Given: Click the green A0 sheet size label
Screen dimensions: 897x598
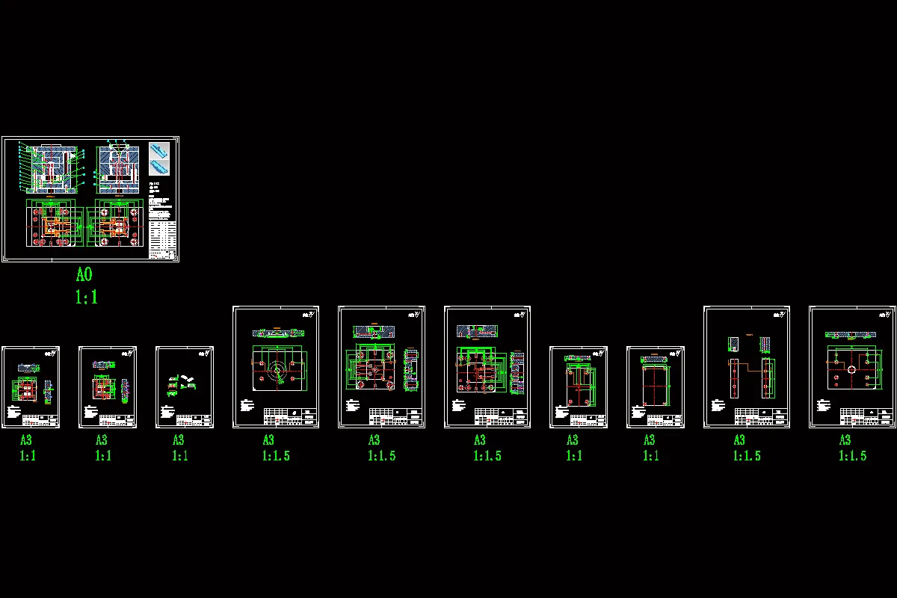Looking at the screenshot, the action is pyautogui.click(x=84, y=275).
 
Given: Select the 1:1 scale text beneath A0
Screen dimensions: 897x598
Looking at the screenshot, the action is pyautogui.click(x=86, y=298).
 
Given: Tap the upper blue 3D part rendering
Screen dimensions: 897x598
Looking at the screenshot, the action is pyautogui.click(x=159, y=149).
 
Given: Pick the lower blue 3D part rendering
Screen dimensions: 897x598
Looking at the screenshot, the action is pyautogui.click(x=159, y=167).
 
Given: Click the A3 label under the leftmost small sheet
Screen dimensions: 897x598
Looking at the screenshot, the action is pyautogui.click(x=26, y=440).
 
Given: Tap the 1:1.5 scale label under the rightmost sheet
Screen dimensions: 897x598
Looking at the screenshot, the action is pyautogui.click(x=852, y=455).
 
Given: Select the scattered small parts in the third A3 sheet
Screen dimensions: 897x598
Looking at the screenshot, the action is pyautogui.click(x=182, y=382).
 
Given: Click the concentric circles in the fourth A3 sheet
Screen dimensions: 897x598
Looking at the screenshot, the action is pyautogui.click(x=277, y=370).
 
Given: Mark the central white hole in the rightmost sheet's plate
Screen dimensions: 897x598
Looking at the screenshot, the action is pyautogui.click(x=851, y=370).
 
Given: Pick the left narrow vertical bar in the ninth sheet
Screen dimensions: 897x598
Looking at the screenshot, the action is pyautogui.click(x=735, y=379).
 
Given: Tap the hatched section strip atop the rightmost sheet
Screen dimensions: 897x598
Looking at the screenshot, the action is pyautogui.click(x=851, y=335).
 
